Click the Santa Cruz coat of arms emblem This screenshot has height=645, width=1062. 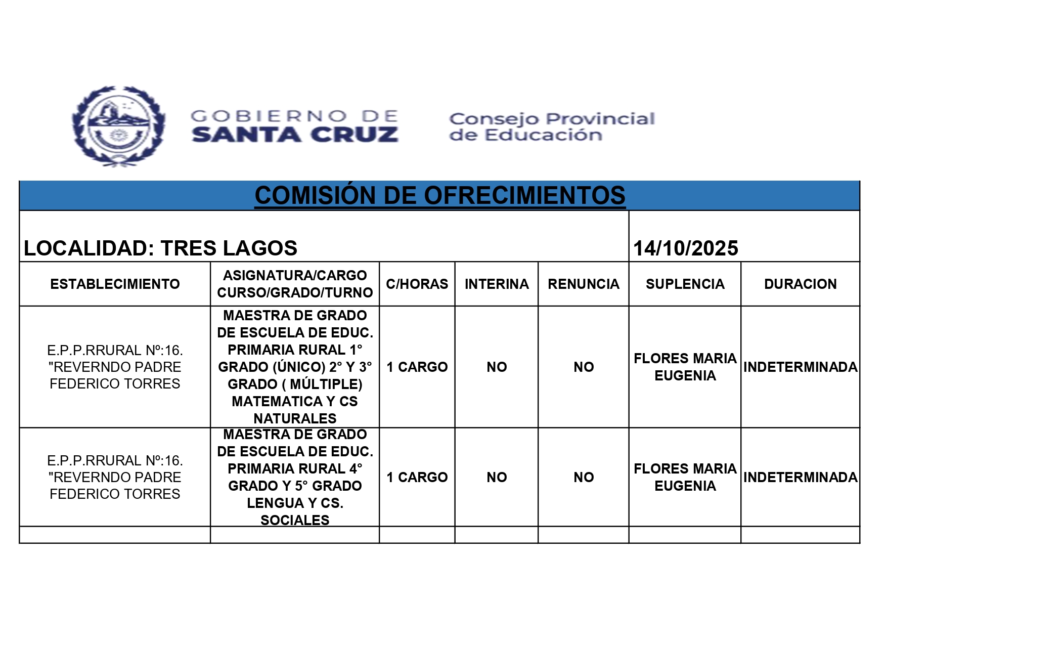[x=118, y=126]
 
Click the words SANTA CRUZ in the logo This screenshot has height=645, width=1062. [x=295, y=135]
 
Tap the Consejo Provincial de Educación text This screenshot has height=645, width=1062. [x=552, y=127]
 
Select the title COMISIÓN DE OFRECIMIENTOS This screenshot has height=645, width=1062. [x=439, y=196]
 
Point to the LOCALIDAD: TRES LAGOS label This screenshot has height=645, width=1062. [x=160, y=248]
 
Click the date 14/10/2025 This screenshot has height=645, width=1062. [x=685, y=248]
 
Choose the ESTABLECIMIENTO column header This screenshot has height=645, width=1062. [x=115, y=284]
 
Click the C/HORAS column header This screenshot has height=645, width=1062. [x=417, y=284]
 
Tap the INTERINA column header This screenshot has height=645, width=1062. [x=497, y=284]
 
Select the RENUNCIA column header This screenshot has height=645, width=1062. [x=584, y=284]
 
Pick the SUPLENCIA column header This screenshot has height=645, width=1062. [x=685, y=284]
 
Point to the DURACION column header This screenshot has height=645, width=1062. [x=800, y=284]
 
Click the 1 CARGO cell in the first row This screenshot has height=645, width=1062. [x=417, y=367]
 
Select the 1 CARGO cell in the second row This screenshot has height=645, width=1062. [x=417, y=478]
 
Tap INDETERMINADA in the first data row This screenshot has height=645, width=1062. [x=800, y=367]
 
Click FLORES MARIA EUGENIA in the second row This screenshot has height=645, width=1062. [x=685, y=478]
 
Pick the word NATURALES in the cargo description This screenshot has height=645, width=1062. [x=295, y=419]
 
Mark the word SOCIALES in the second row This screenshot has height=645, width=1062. [x=295, y=520]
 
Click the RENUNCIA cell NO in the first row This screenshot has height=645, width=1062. [x=584, y=367]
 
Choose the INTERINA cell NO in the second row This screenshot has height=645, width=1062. [x=497, y=478]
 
